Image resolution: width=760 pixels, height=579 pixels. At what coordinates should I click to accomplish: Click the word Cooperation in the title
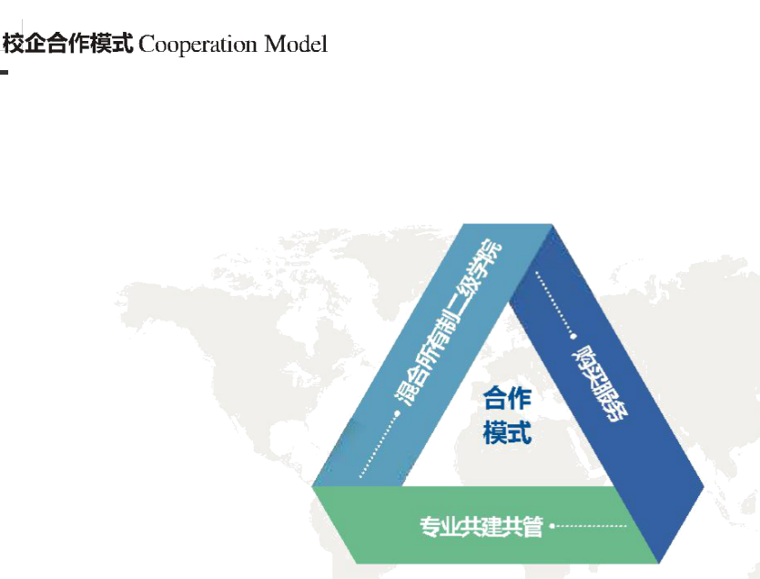pyautogui.click(x=198, y=46)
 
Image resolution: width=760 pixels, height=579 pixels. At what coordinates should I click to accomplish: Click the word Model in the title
pyautogui.click(x=296, y=44)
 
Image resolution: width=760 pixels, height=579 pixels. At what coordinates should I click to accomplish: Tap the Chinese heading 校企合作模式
pyautogui.click(x=68, y=44)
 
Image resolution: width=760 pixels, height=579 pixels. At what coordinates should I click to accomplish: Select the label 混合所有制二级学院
pyautogui.click(x=448, y=323)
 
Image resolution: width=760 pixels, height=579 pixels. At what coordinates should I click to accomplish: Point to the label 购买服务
pyautogui.click(x=599, y=384)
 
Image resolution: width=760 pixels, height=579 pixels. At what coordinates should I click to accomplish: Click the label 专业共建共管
pyautogui.click(x=481, y=526)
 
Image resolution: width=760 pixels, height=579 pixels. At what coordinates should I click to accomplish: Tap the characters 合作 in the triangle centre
pyautogui.click(x=508, y=398)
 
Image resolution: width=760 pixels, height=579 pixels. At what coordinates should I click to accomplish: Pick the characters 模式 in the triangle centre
pyautogui.click(x=508, y=432)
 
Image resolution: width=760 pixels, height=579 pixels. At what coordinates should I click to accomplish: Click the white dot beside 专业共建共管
pyautogui.click(x=552, y=525)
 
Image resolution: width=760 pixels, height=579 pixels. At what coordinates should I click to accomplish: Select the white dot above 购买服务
pyautogui.click(x=574, y=337)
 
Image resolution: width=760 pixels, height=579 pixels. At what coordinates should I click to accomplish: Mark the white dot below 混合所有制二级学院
pyautogui.click(x=398, y=413)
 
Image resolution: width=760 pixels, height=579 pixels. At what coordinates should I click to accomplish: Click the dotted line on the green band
pyautogui.click(x=591, y=525)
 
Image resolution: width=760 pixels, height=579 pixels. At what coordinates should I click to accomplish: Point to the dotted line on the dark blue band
pyautogui.click(x=554, y=303)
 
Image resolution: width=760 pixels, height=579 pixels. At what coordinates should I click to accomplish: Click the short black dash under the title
pyautogui.click(x=4, y=72)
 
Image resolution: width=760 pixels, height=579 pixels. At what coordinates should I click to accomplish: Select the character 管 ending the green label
pyautogui.click(x=532, y=526)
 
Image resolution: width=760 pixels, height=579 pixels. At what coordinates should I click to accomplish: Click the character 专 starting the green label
pyautogui.click(x=430, y=526)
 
